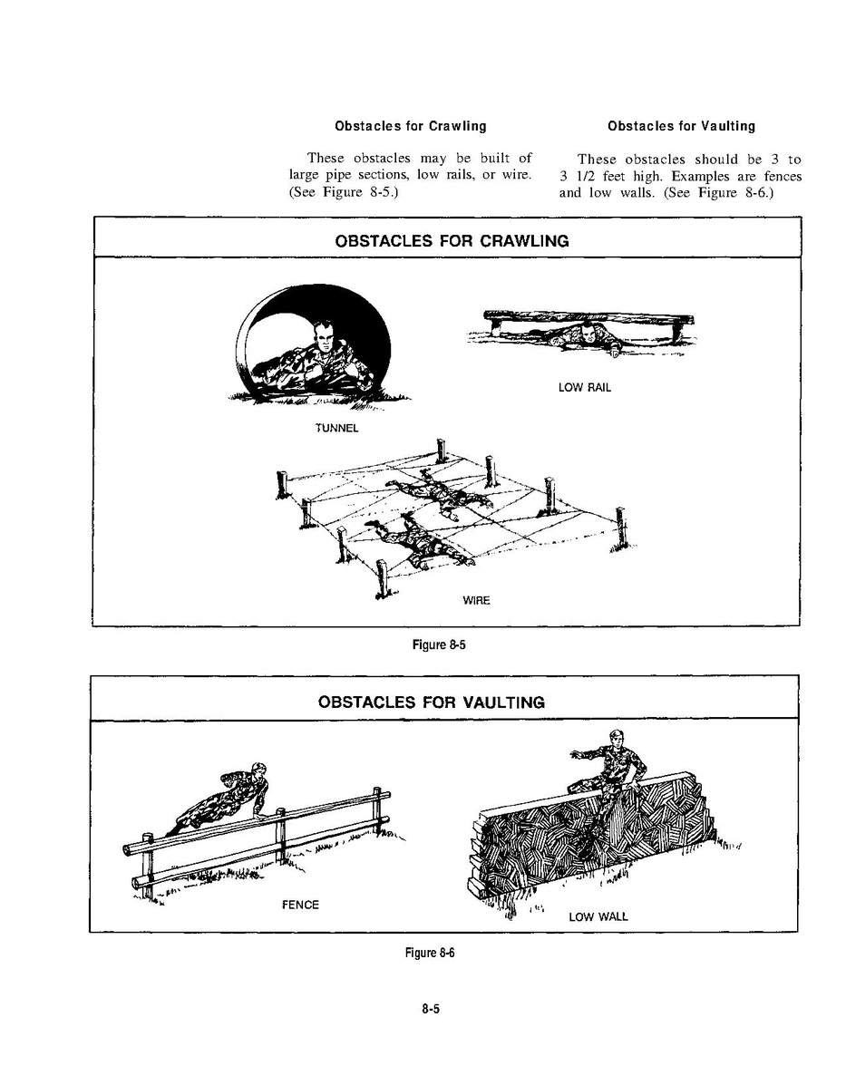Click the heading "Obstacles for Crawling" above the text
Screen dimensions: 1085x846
coord(410,126)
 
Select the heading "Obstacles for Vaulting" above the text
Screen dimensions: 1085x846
coord(681,126)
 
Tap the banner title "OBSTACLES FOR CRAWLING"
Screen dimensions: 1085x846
coord(452,241)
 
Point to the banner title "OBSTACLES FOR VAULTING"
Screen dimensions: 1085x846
coord(432,702)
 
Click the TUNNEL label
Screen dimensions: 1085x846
coord(336,429)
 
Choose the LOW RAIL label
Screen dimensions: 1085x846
coord(585,387)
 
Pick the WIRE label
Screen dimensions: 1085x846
coord(476,601)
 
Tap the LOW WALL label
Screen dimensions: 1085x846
coord(598,916)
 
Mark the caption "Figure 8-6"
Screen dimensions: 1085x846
coord(428,952)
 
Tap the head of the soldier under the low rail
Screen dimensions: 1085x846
coord(591,332)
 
